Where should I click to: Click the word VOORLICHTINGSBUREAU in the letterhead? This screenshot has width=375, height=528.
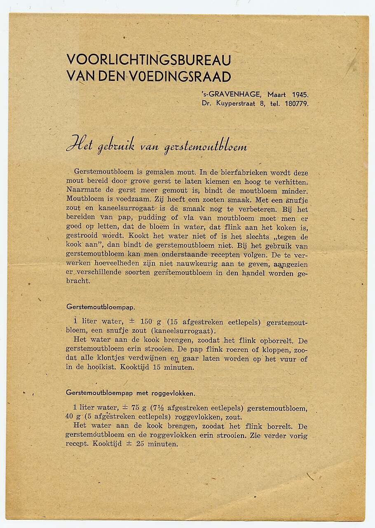[x=148, y=60]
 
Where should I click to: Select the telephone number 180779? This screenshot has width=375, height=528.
[x=296, y=104]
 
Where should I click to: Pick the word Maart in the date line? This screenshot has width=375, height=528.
[x=277, y=94]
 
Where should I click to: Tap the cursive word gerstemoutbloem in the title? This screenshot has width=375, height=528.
[x=206, y=147]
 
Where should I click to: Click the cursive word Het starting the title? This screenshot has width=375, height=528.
[x=80, y=145]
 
